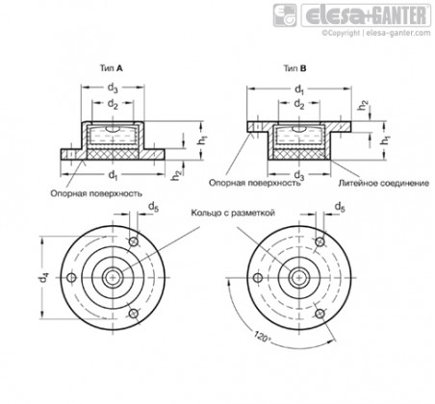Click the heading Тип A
[112, 68]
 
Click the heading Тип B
[294, 68]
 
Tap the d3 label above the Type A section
[113, 88]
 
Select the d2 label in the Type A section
[113, 104]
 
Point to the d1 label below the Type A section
[113, 175]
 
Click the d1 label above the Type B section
[299, 89]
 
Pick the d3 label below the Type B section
[299, 175]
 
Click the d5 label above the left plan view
[153, 207]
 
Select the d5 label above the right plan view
[340, 207]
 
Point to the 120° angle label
[261, 337]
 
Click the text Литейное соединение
[384, 183]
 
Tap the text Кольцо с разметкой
[233, 213]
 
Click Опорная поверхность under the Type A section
[96, 193]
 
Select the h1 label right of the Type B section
[385, 139]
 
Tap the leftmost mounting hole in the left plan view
[72, 277]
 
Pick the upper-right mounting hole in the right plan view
[320, 241]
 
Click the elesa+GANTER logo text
[366, 15]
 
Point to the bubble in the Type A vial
[113, 129]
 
